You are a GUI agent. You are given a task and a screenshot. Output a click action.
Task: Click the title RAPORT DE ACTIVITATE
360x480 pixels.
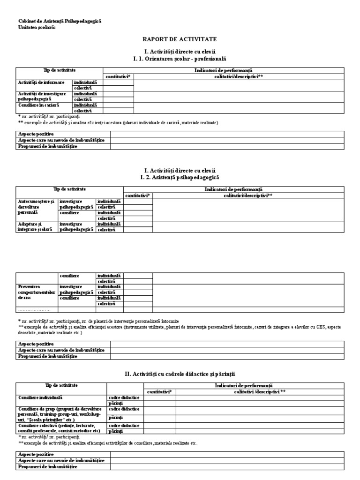[x=180, y=39]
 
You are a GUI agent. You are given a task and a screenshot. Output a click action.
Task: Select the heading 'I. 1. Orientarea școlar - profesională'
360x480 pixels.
[x=180, y=59]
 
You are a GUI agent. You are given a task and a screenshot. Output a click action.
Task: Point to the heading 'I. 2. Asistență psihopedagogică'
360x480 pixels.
[x=180, y=178]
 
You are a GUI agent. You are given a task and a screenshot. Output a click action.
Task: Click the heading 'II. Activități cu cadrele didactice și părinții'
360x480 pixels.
[x=180, y=374]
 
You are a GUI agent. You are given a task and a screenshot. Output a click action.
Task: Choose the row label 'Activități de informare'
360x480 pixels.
[x=41, y=82]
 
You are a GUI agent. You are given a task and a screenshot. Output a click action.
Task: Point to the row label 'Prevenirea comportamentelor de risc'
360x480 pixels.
[x=36, y=292]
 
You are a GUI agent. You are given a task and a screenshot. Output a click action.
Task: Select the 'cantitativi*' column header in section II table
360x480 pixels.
[x=160, y=391]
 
